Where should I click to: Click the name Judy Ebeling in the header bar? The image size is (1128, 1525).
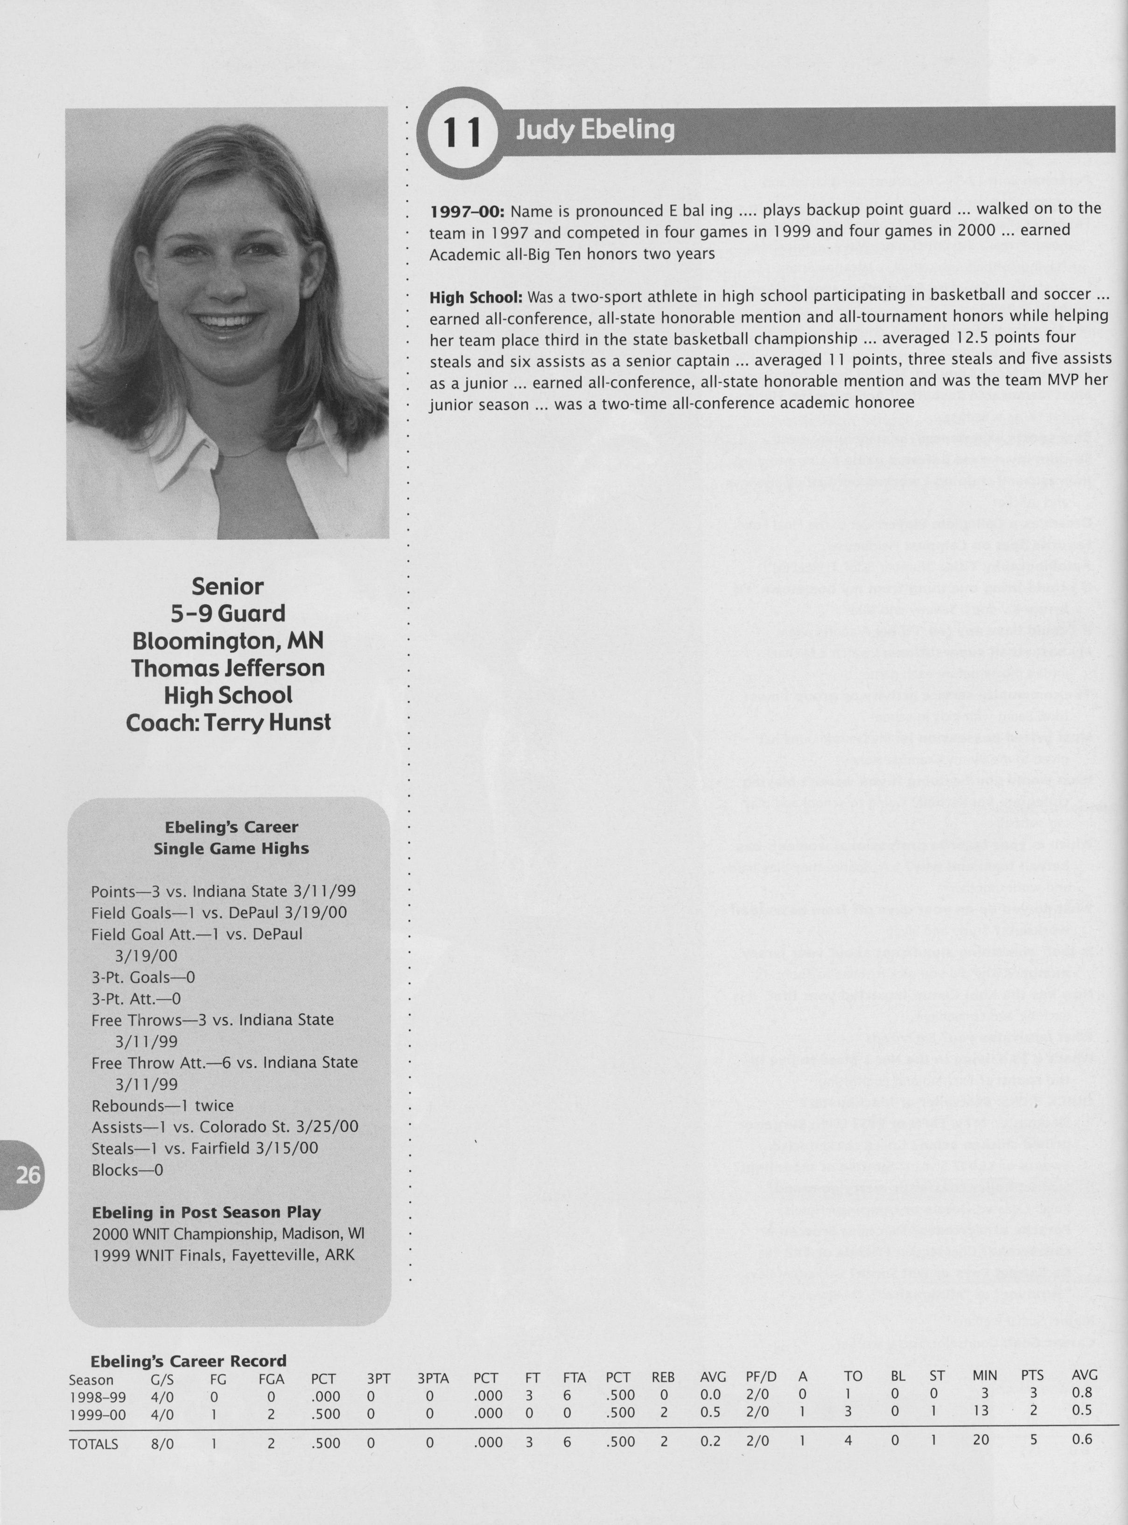pyautogui.click(x=595, y=129)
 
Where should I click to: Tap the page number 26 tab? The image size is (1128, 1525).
pyautogui.click(x=28, y=1175)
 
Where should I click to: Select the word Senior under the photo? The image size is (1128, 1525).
pyautogui.click(x=227, y=587)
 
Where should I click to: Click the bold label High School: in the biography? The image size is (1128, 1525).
pyautogui.click(x=476, y=298)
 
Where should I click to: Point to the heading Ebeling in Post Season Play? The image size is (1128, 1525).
pyautogui.click(x=206, y=1212)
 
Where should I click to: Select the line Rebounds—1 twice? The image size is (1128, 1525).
pyautogui.click(x=162, y=1105)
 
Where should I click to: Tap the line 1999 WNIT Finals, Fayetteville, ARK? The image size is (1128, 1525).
pyautogui.click(x=223, y=1255)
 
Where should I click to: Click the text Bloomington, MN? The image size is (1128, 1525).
pyautogui.click(x=227, y=641)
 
